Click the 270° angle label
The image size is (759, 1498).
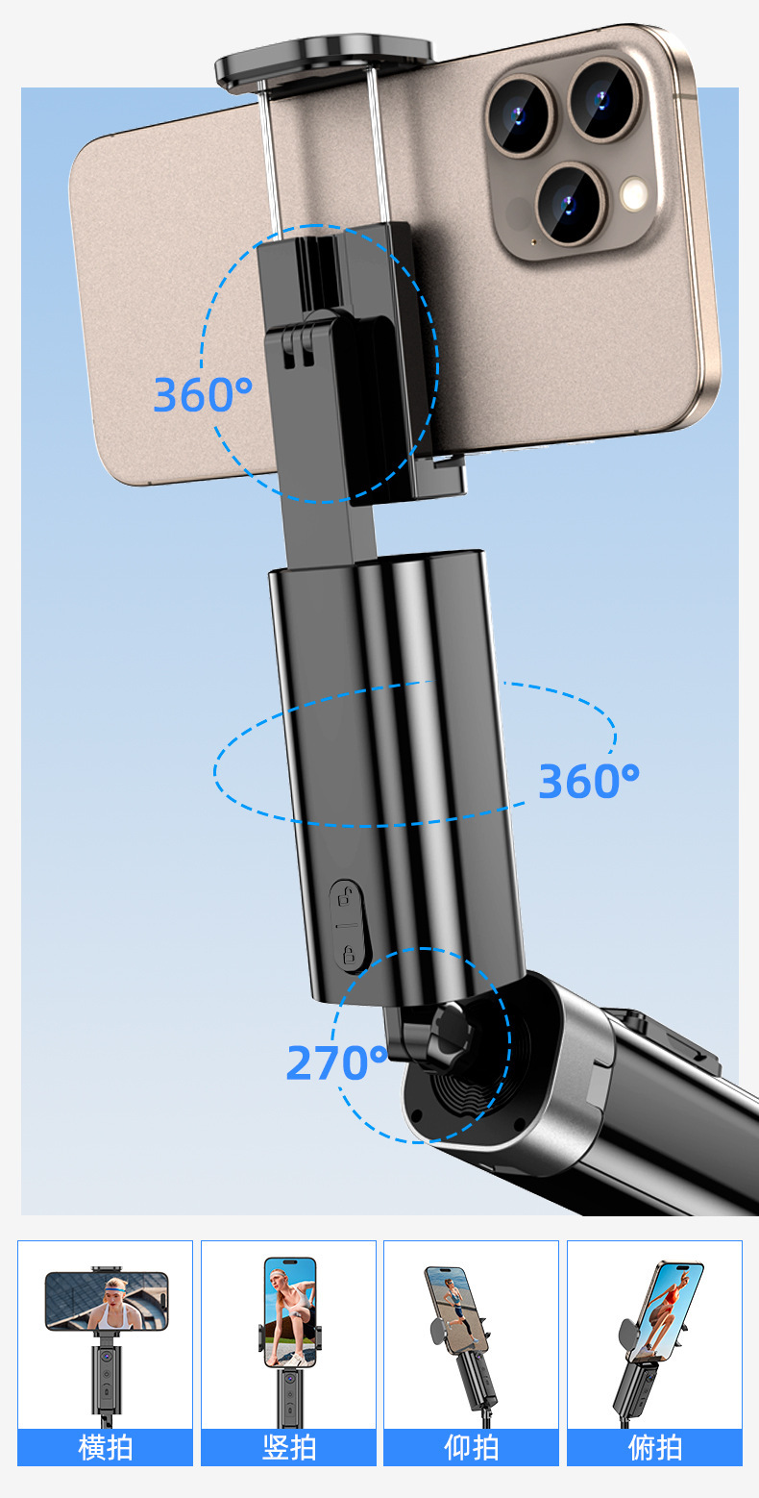pos(336,1062)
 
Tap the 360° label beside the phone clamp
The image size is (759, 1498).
pos(203,394)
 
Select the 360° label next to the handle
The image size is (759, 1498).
pos(589,781)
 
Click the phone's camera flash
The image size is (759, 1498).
pos(633,193)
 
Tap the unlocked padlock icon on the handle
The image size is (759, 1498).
pos(346,895)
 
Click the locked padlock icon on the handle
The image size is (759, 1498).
pos(349,954)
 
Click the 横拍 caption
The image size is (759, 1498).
pos(105,1448)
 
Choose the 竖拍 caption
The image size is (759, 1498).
pos(288,1448)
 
